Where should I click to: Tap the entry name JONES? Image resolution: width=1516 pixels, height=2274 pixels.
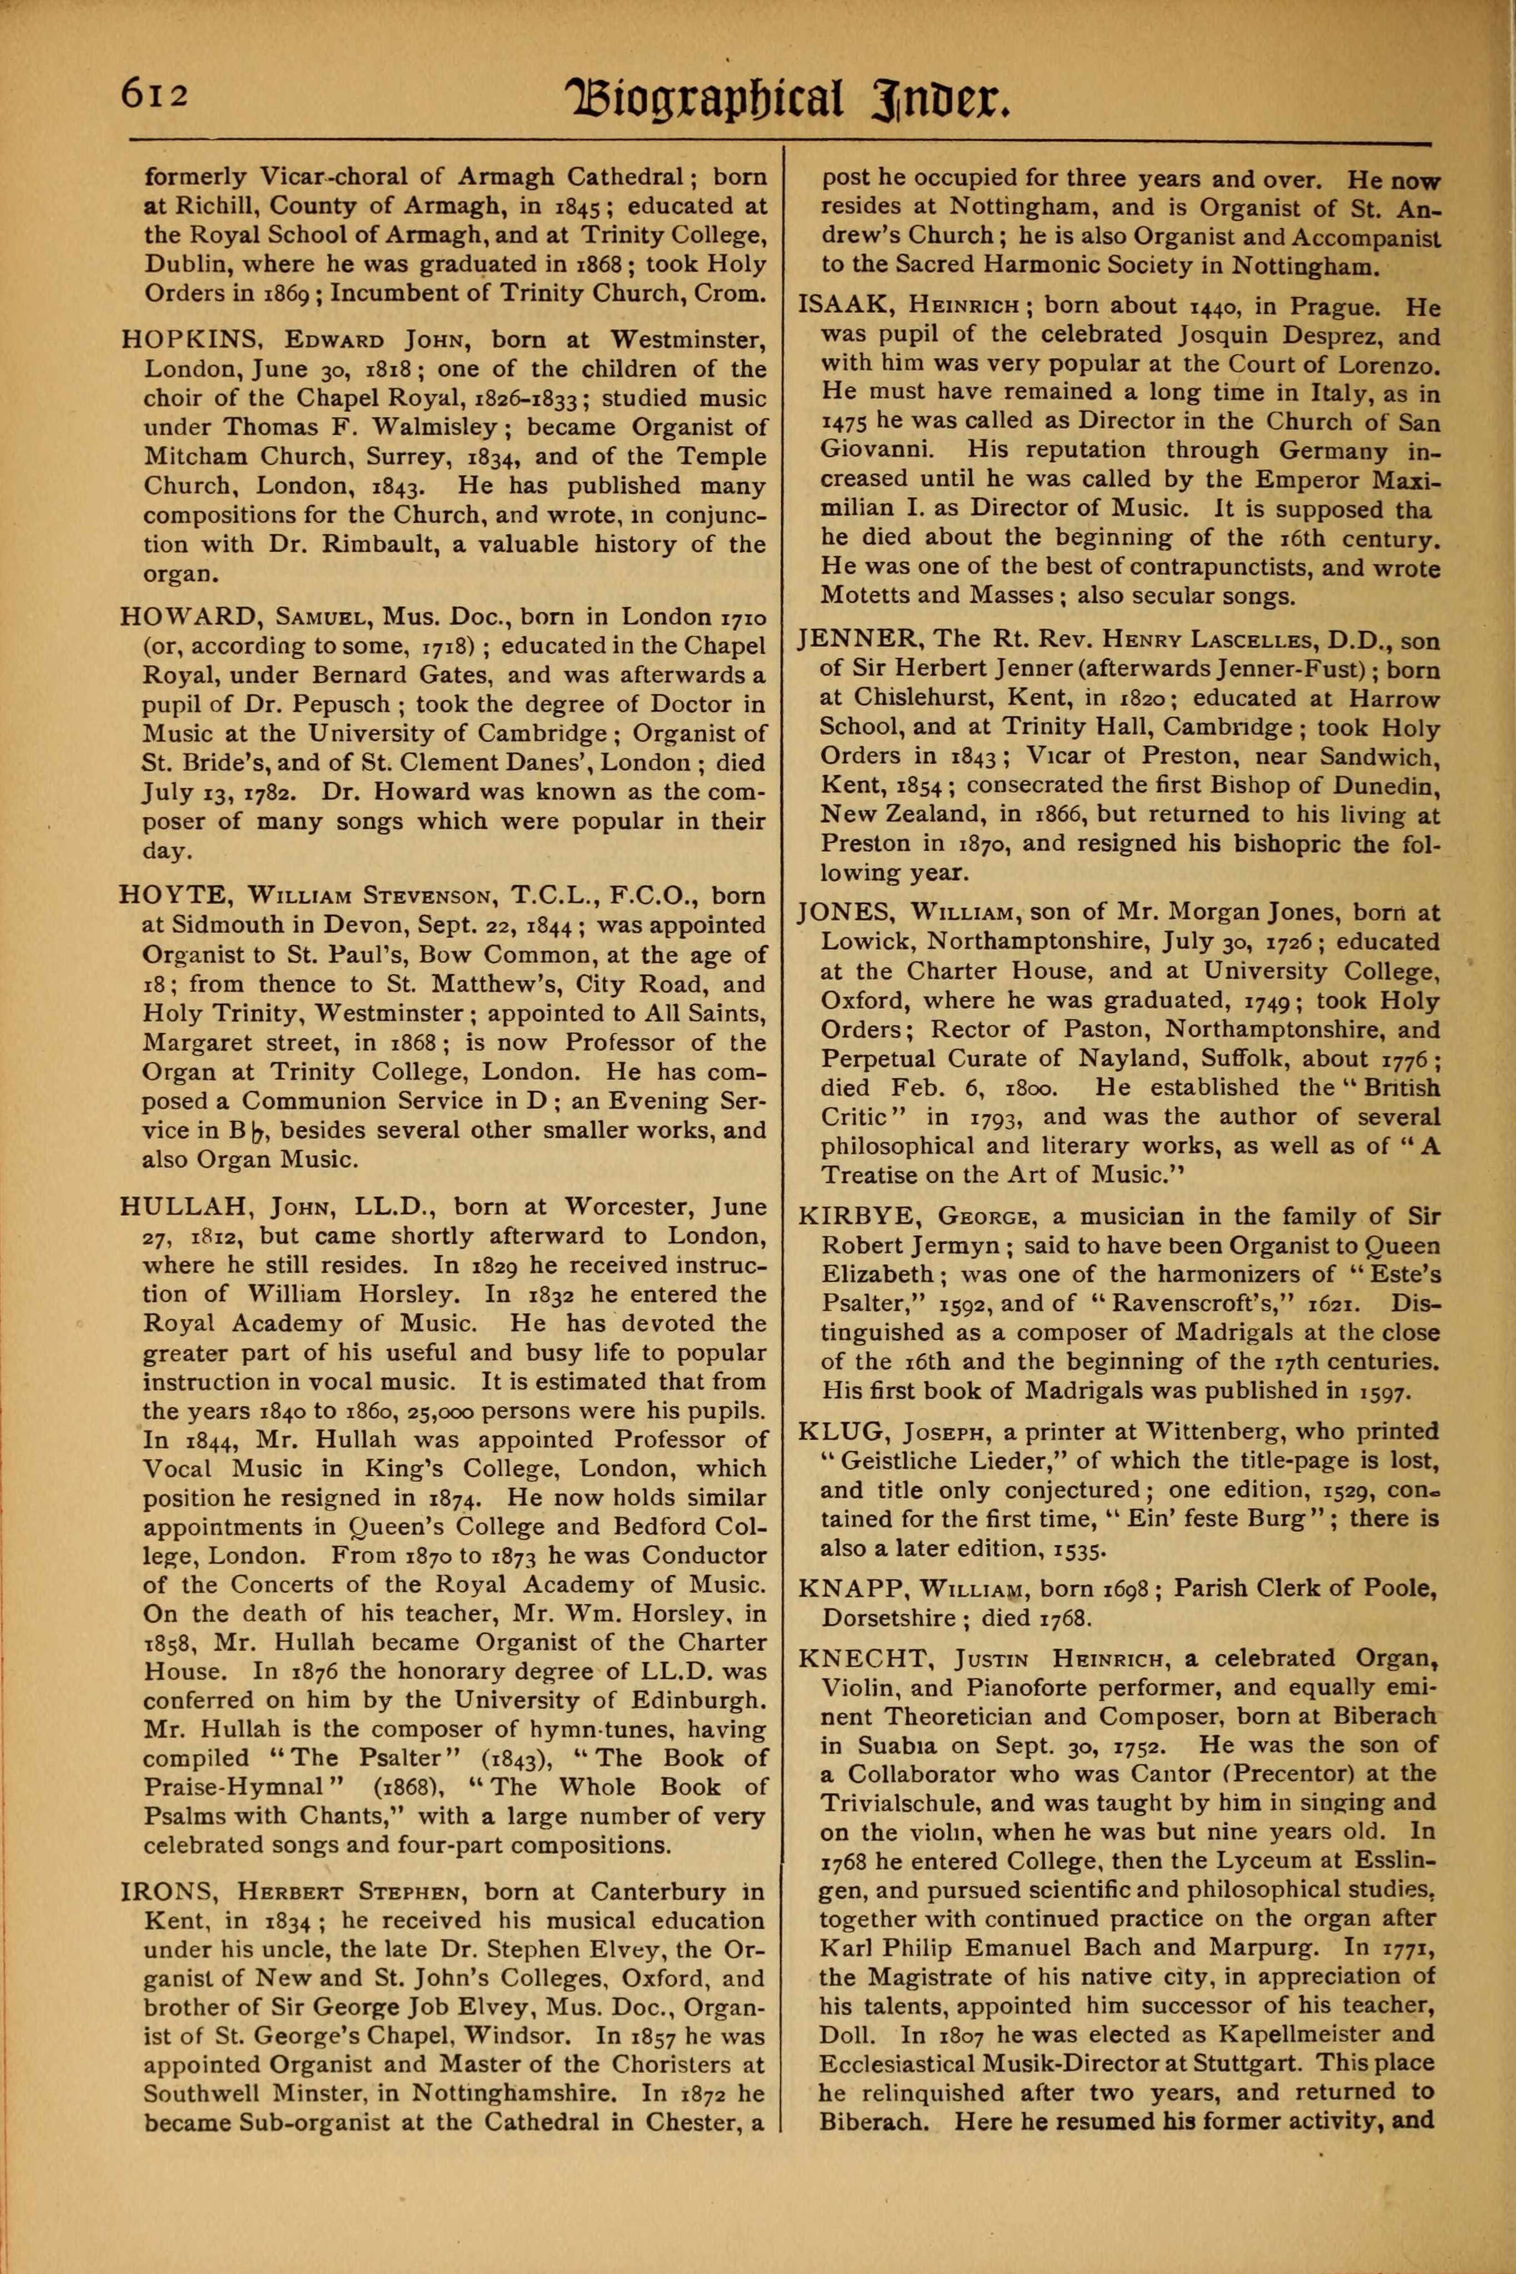click(x=848, y=912)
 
